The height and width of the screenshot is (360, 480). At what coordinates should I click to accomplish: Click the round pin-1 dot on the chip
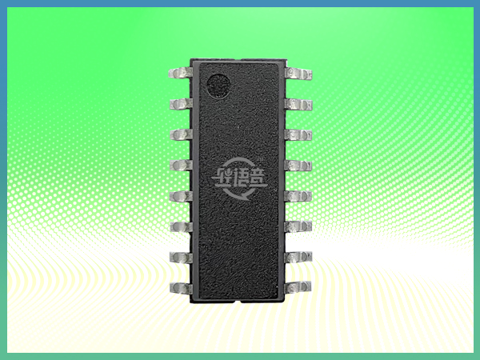[217, 84]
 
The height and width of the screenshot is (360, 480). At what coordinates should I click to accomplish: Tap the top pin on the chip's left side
[180, 74]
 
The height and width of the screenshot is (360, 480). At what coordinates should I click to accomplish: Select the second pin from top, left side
[180, 104]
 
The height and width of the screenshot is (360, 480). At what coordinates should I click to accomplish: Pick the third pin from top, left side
[180, 134]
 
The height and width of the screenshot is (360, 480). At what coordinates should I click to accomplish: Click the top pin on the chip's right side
[298, 74]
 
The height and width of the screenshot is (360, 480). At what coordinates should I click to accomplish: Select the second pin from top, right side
[298, 104]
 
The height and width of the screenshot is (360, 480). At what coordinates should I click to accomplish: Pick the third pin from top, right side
[298, 134]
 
